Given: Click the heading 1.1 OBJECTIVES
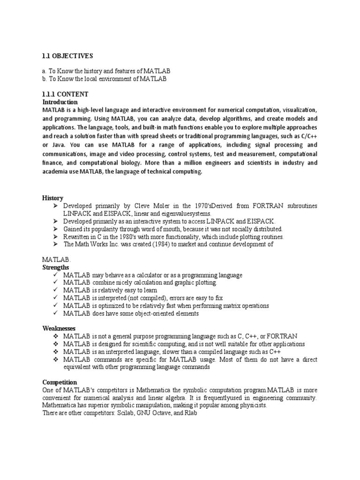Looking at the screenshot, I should point(67,56).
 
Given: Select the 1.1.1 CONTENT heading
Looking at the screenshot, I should point(65,94).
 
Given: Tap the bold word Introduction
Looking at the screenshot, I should point(60,102).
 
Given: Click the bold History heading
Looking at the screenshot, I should point(52,198).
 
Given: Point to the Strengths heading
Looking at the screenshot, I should point(55,267).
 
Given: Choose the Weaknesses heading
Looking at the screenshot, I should point(59,329).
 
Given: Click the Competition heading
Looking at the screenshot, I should point(60,382).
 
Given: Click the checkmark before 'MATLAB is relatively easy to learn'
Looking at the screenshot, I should point(56,290).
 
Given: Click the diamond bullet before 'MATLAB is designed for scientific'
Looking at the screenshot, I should point(56,344).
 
